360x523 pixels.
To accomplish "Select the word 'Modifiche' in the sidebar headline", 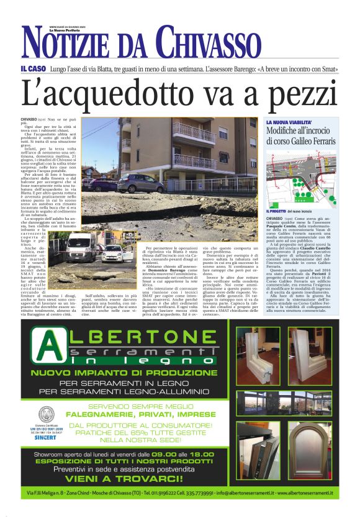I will (x=286, y=132).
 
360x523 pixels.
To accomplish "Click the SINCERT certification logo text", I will (x=43, y=436).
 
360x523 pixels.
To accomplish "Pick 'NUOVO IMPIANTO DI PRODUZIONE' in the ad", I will (x=125, y=373).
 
